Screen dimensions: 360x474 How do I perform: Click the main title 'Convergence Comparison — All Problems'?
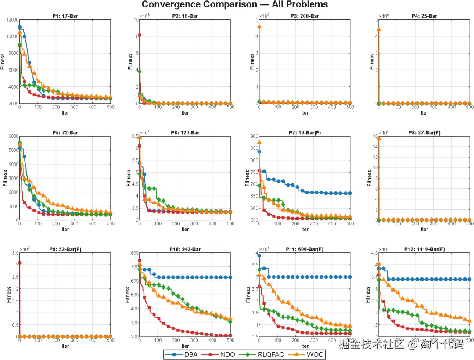[234, 5]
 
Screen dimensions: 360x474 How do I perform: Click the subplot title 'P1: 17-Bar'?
[65, 17]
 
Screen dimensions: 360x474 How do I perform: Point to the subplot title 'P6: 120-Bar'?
[185, 133]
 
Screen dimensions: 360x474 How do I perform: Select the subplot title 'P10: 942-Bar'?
[185, 249]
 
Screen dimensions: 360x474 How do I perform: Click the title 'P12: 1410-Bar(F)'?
[424, 249]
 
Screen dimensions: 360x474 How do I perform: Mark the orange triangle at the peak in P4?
[379, 29]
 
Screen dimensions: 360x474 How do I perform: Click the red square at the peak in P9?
[19, 263]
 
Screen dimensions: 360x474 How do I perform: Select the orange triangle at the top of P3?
[259, 26]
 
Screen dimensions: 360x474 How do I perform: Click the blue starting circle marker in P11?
[259, 256]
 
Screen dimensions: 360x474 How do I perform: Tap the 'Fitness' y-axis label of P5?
[5, 178]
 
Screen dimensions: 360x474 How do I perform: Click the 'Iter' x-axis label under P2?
[185, 113]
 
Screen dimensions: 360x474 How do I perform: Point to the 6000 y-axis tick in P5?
[12, 136]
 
